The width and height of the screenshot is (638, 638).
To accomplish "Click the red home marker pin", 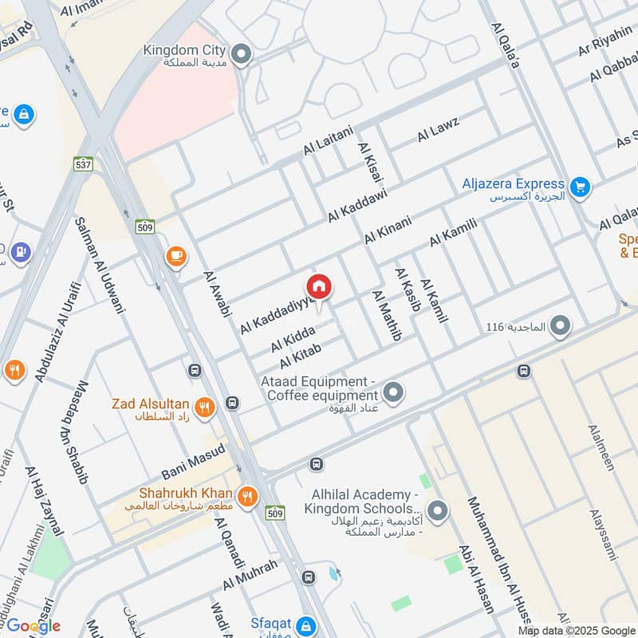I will click(319, 286).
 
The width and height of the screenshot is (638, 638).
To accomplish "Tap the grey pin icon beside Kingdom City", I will click(242, 55).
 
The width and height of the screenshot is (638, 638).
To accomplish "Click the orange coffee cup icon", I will click(175, 257).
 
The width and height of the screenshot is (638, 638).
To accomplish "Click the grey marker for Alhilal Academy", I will click(437, 509).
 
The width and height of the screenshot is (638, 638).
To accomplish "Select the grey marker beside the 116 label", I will click(561, 325).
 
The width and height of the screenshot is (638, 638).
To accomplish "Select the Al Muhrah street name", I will click(250, 575).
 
